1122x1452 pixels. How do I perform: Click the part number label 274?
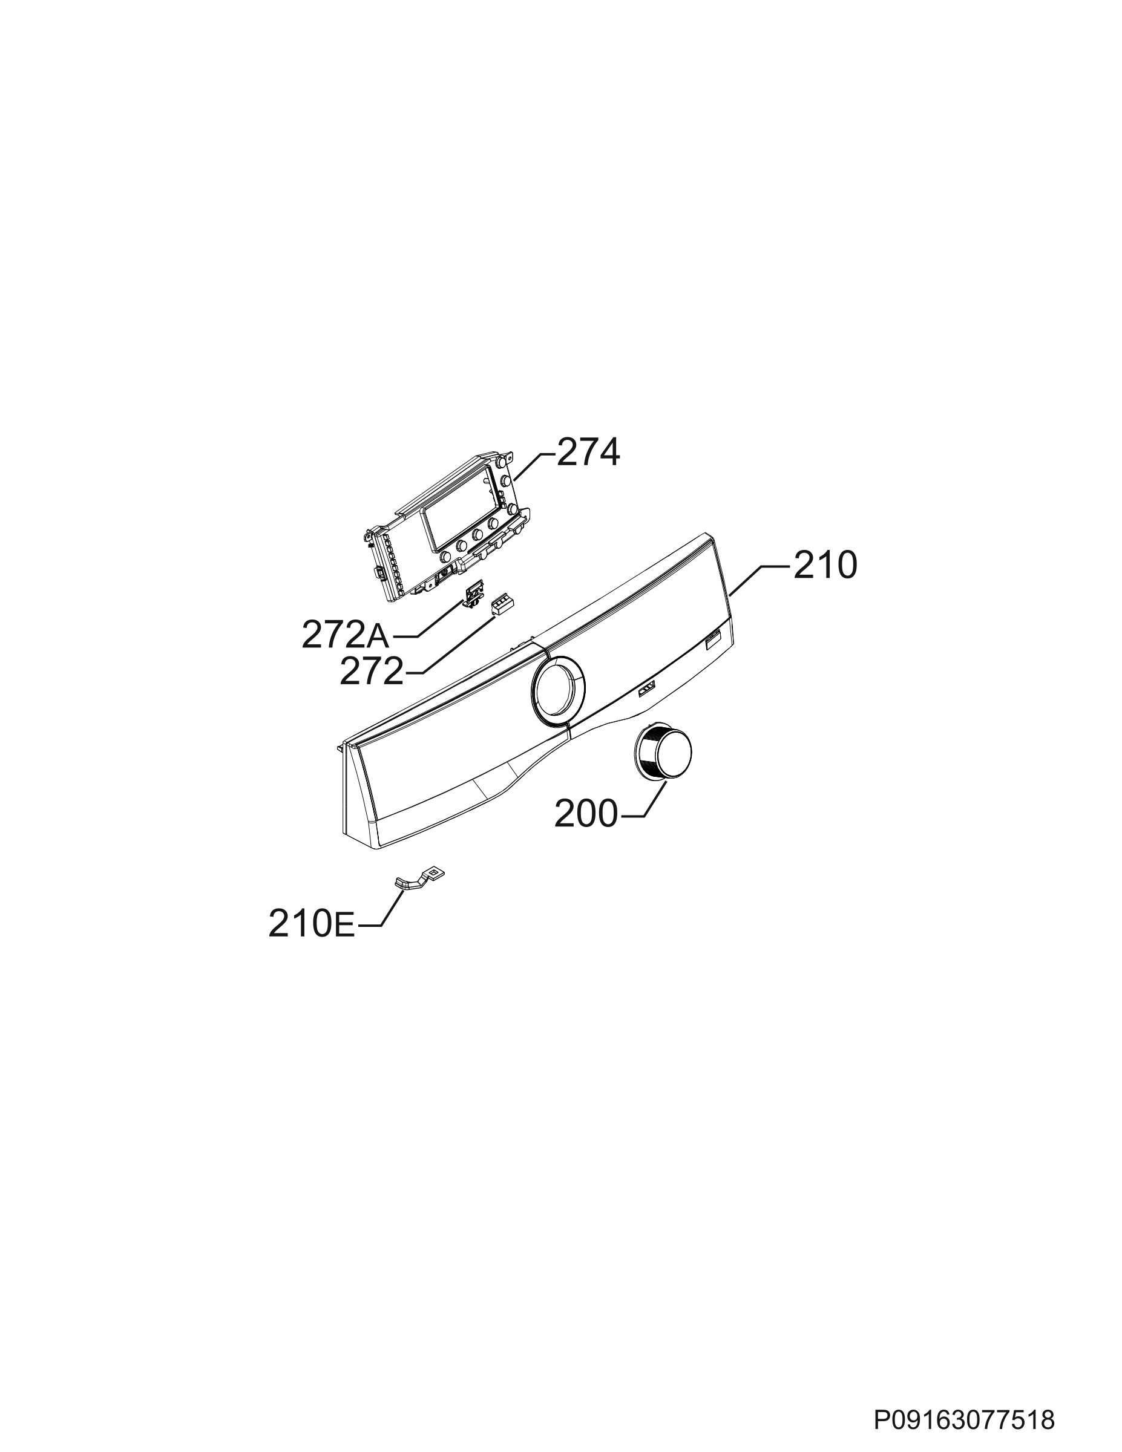pyautogui.click(x=588, y=453)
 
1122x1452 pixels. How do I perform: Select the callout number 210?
pyautogui.click(x=825, y=566)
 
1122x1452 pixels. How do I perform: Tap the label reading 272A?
pyautogui.click(x=345, y=636)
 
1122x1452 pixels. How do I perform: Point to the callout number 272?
pyautogui.click(x=372, y=672)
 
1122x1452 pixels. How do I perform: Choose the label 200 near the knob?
pyautogui.click(x=586, y=814)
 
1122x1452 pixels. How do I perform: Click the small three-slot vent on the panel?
pyautogui.click(x=646, y=691)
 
